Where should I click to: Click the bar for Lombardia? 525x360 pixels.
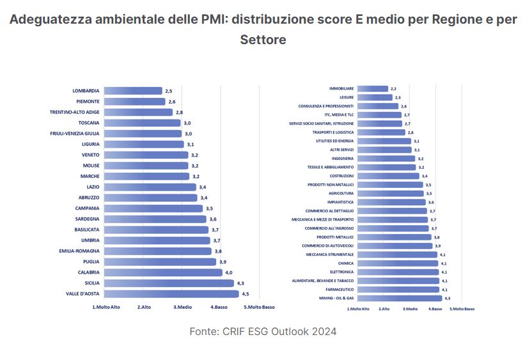tap(133, 91)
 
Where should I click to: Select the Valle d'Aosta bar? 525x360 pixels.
tap(171, 294)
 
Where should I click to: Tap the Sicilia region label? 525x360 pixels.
tap(88, 283)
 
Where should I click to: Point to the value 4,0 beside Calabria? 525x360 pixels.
tap(228, 272)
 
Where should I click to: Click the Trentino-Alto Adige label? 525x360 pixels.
tap(74, 112)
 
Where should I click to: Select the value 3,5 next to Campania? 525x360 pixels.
tap(209, 208)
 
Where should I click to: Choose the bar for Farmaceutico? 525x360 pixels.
tap(398, 290)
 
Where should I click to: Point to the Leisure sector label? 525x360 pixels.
tap(346, 97)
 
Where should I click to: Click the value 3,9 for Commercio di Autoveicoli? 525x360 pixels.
tap(437, 246)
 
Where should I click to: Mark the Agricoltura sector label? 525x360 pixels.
tap(340, 193)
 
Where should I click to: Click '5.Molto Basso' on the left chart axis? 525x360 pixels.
tap(259, 307)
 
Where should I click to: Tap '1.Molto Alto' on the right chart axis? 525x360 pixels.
tap(358, 309)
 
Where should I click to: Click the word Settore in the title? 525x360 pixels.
tap(263, 40)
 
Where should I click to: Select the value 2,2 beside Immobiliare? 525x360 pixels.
tap(393, 89)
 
